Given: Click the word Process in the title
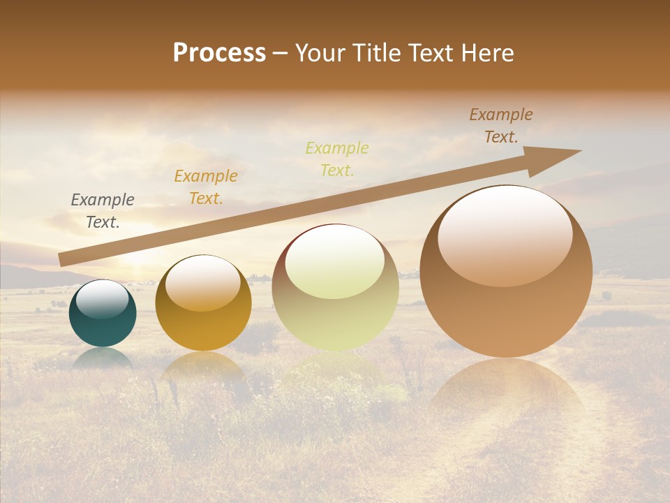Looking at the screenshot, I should click(x=219, y=53).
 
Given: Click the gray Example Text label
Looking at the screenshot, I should click(x=103, y=210).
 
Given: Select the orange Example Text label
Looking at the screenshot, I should click(x=206, y=187).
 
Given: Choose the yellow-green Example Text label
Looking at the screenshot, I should click(x=337, y=159).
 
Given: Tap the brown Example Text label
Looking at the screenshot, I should click(x=501, y=126).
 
